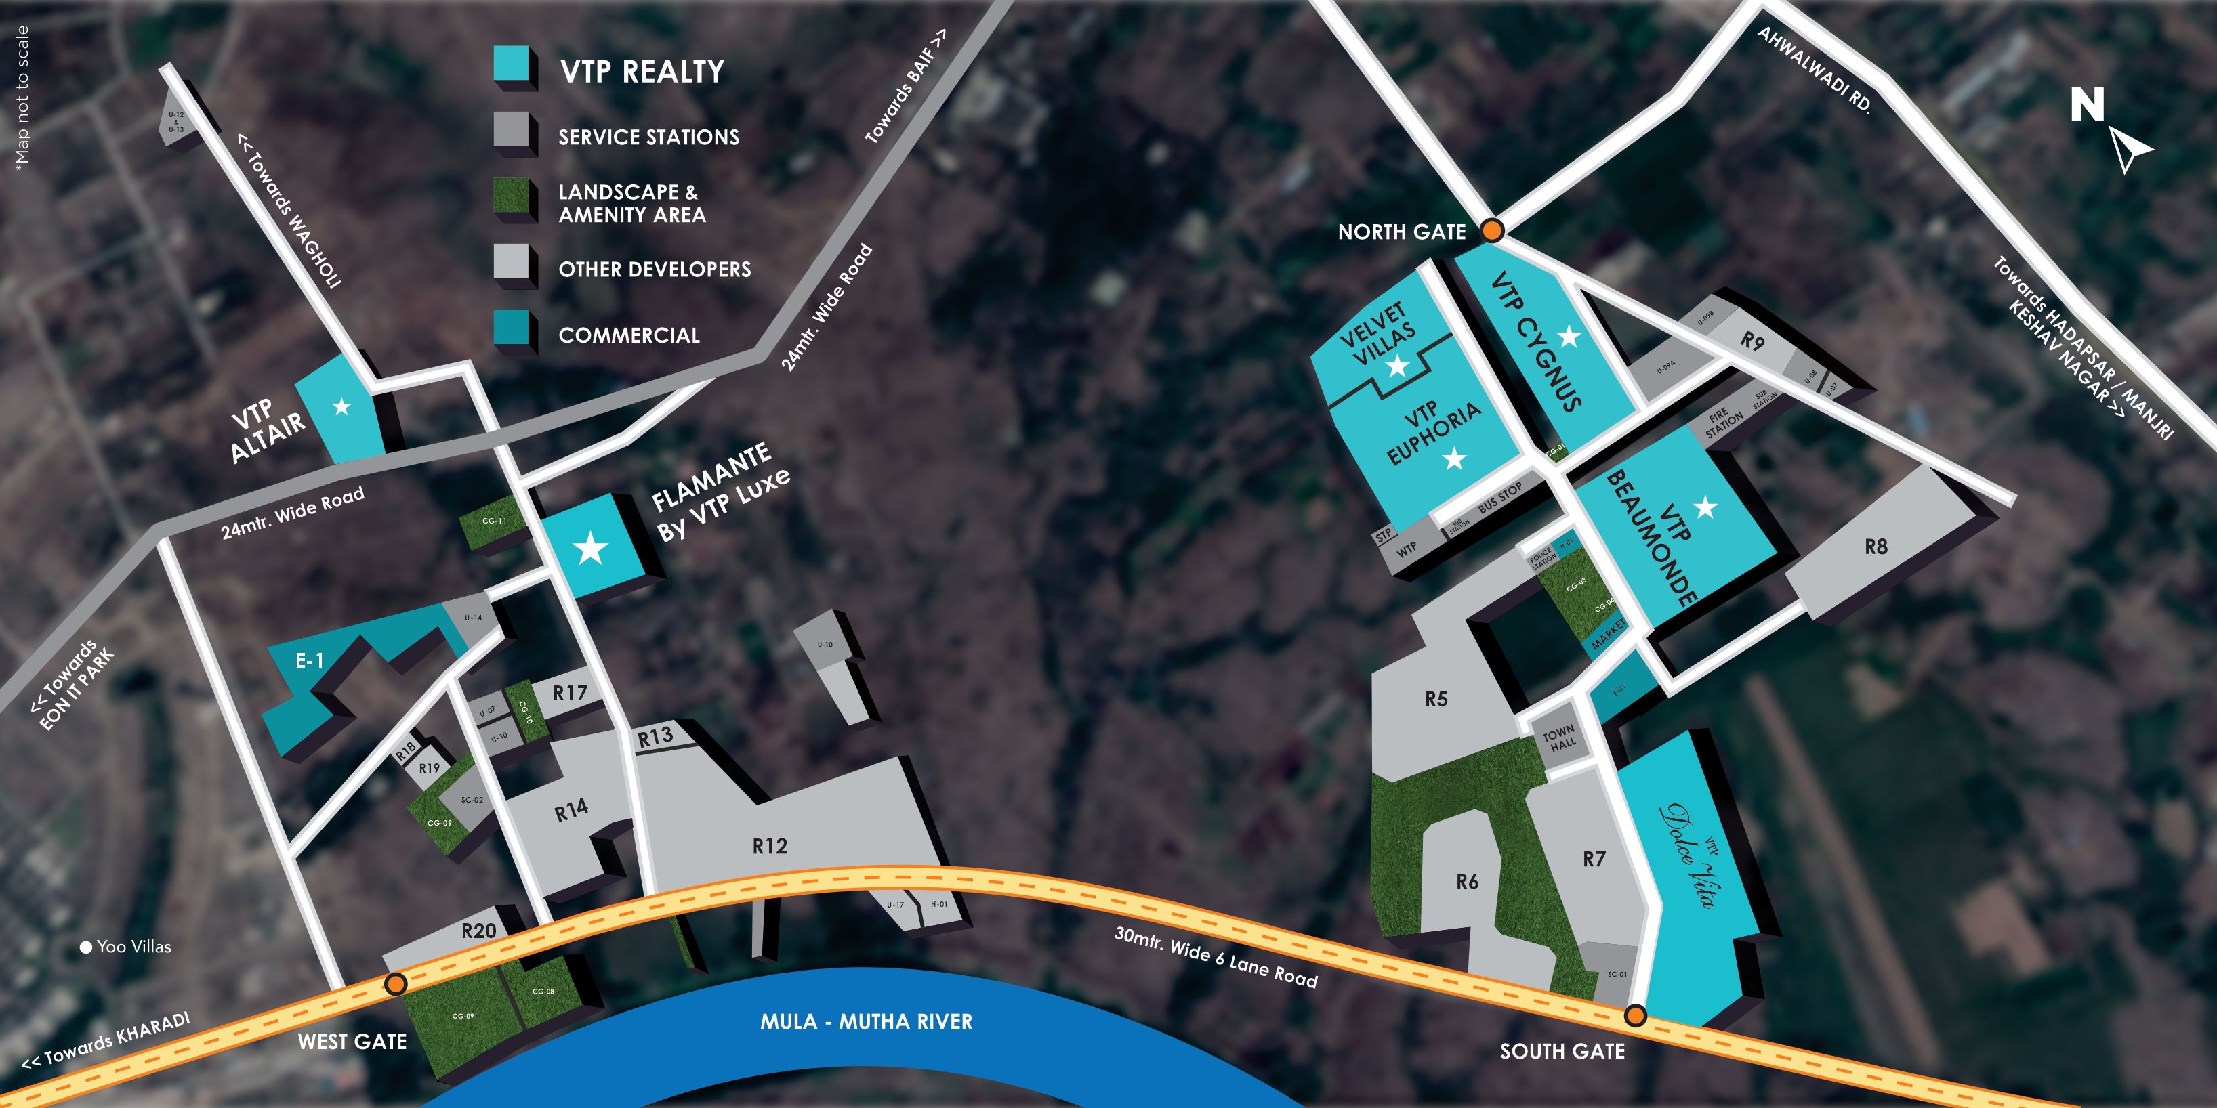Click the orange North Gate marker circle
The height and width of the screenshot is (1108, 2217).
coord(1493,230)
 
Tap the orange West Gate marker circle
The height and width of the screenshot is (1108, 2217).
coord(395,983)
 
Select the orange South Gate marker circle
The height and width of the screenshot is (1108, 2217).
coord(1635,1016)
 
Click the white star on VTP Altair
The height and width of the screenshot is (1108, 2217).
coord(341,406)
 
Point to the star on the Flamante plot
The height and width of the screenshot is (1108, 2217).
coord(590,548)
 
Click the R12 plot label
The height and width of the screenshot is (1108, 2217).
coord(770,847)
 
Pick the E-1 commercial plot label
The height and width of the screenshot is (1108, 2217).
coord(309,661)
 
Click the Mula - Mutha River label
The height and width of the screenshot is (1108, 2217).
coord(866,1022)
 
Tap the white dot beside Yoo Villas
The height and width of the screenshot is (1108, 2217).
coord(86,947)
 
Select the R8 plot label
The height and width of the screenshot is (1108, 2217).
coord(1876,547)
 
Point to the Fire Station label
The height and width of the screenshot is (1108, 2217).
coord(1724,423)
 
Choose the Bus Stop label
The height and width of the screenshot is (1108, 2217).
coord(1500,497)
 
